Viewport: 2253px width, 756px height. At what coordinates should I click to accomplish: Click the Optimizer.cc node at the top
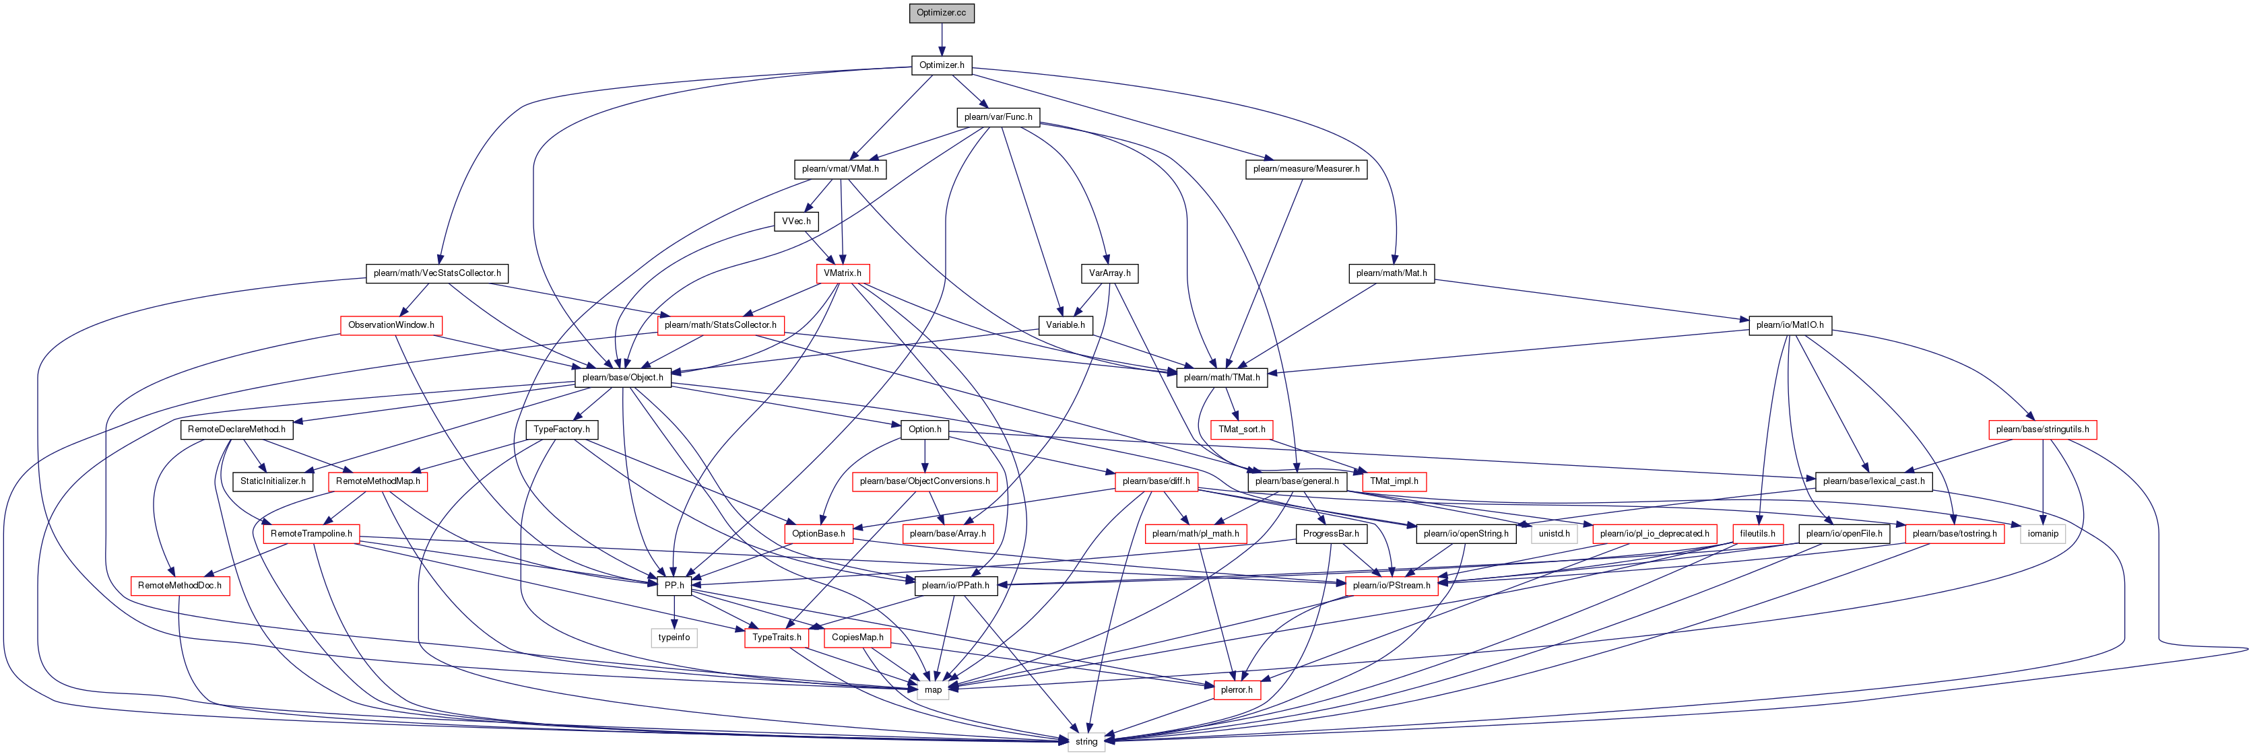click(x=941, y=13)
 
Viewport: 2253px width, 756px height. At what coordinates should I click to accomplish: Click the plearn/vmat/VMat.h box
click(x=840, y=169)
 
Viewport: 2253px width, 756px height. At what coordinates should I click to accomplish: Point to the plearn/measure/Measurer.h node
click(x=1306, y=169)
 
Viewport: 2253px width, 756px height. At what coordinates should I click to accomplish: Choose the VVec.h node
click(x=796, y=221)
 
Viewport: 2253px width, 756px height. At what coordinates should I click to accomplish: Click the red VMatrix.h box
click(x=842, y=273)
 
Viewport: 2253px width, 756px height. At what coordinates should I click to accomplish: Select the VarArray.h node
click(x=1109, y=273)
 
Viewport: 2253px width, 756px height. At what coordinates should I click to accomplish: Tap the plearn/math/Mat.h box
click(x=1391, y=273)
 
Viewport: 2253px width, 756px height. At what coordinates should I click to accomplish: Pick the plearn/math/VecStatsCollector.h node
click(x=437, y=273)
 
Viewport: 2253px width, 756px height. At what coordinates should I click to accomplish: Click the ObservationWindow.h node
click(x=391, y=325)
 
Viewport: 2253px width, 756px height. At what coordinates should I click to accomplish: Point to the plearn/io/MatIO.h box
click(x=1790, y=325)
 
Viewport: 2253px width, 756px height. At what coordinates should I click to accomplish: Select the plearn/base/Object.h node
click(x=623, y=378)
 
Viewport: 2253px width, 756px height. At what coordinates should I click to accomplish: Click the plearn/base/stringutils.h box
click(x=2042, y=429)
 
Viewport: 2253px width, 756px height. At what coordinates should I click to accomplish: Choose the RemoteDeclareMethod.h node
click(x=236, y=429)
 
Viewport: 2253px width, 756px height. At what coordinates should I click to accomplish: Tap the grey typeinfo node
click(x=674, y=637)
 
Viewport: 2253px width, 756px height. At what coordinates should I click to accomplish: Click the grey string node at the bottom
click(x=1086, y=741)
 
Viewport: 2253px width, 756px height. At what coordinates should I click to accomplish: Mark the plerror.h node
click(x=1237, y=689)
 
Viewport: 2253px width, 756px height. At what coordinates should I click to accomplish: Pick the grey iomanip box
click(x=2043, y=533)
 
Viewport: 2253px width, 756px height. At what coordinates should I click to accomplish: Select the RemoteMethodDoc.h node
click(x=179, y=586)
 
